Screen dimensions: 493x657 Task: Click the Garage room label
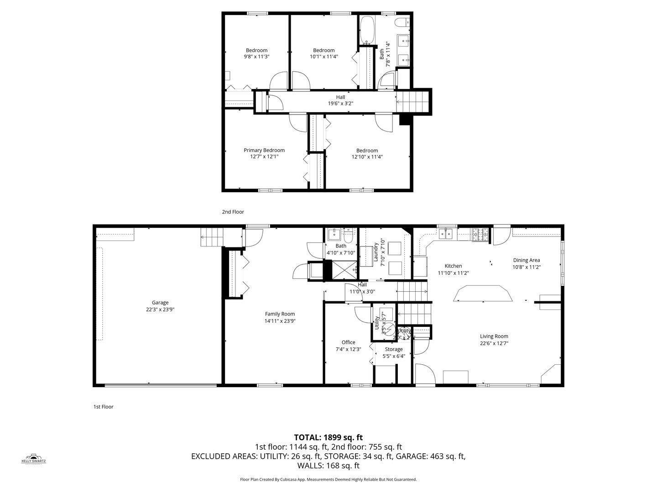pyautogui.click(x=160, y=303)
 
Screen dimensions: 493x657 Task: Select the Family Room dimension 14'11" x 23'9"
pyautogui.click(x=280, y=320)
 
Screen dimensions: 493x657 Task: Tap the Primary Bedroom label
pyautogui.click(x=264, y=150)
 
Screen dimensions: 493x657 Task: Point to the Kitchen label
pyautogui.click(x=453, y=266)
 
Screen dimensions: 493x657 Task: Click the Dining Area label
pyautogui.click(x=526, y=260)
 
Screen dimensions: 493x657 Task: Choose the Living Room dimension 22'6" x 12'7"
pyautogui.click(x=494, y=343)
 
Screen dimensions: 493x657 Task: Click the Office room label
pyautogui.click(x=348, y=342)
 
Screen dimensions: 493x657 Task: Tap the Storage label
pyautogui.click(x=393, y=349)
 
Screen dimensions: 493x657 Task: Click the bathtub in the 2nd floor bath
pyautogui.click(x=367, y=29)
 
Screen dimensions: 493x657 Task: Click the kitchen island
pyautogui.click(x=483, y=294)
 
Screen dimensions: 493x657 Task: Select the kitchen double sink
pyautogui.click(x=447, y=234)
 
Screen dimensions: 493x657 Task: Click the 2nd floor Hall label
pyautogui.click(x=340, y=97)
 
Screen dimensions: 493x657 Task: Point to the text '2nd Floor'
pyautogui.click(x=233, y=212)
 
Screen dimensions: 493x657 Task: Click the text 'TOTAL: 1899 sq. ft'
pyautogui.click(x=328, y=437)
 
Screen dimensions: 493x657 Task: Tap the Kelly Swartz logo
pyautogui.click(x=34, y=459)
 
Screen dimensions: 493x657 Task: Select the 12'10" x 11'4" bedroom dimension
pyautogui.click(x=367, y=157)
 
